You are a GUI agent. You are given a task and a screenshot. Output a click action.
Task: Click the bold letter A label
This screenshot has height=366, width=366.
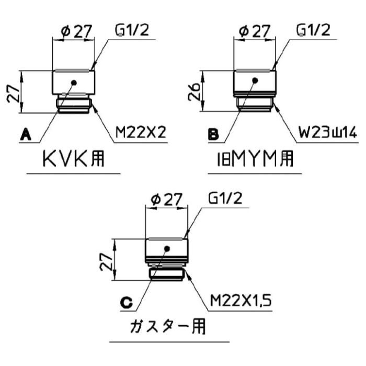click(x=26, y=135)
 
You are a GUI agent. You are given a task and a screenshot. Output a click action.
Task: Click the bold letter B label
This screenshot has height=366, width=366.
click(x=213, y=135)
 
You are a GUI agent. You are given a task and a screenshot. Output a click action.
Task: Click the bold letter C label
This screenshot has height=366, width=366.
click(x=127, y=303)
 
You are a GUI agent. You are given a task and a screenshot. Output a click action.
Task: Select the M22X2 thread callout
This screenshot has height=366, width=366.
click(x=141, y=132)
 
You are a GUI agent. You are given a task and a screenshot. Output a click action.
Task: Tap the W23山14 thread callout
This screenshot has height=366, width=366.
click(x=328, y=133)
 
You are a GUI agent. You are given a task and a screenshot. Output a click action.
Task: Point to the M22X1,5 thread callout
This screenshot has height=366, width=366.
click(x=241, y=301)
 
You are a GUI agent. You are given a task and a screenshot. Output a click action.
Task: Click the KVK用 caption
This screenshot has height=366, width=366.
click(x=74, y=159)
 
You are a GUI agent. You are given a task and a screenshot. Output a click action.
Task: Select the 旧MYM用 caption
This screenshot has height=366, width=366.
click(x=255, y=159)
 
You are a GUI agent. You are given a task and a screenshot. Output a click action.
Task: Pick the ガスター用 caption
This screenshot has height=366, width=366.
click(x=168, y=327)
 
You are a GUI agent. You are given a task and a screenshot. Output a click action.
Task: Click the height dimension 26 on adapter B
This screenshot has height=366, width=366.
click(x=194, y=91)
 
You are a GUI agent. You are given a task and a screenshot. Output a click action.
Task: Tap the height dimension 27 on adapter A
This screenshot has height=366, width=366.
click(x=13, y=93)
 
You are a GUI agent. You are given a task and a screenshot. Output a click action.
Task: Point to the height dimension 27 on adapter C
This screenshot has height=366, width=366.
click(x=107, y=261)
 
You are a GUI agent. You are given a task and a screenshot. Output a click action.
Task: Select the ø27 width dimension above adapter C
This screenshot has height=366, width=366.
click(x=166, y=200)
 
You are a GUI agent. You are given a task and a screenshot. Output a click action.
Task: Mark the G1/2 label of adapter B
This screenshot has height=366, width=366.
click(x=313, y=30)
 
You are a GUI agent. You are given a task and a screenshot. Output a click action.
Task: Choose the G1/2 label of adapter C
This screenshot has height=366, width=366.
click(x=225, y=199)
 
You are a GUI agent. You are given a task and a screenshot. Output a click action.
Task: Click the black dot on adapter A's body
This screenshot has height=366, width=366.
click(x=74, y=83)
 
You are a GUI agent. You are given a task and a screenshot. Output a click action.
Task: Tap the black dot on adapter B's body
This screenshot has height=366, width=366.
click(x=255, y=81)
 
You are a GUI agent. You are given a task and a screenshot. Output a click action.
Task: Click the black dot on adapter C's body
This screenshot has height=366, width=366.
click(x=167, y=249)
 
